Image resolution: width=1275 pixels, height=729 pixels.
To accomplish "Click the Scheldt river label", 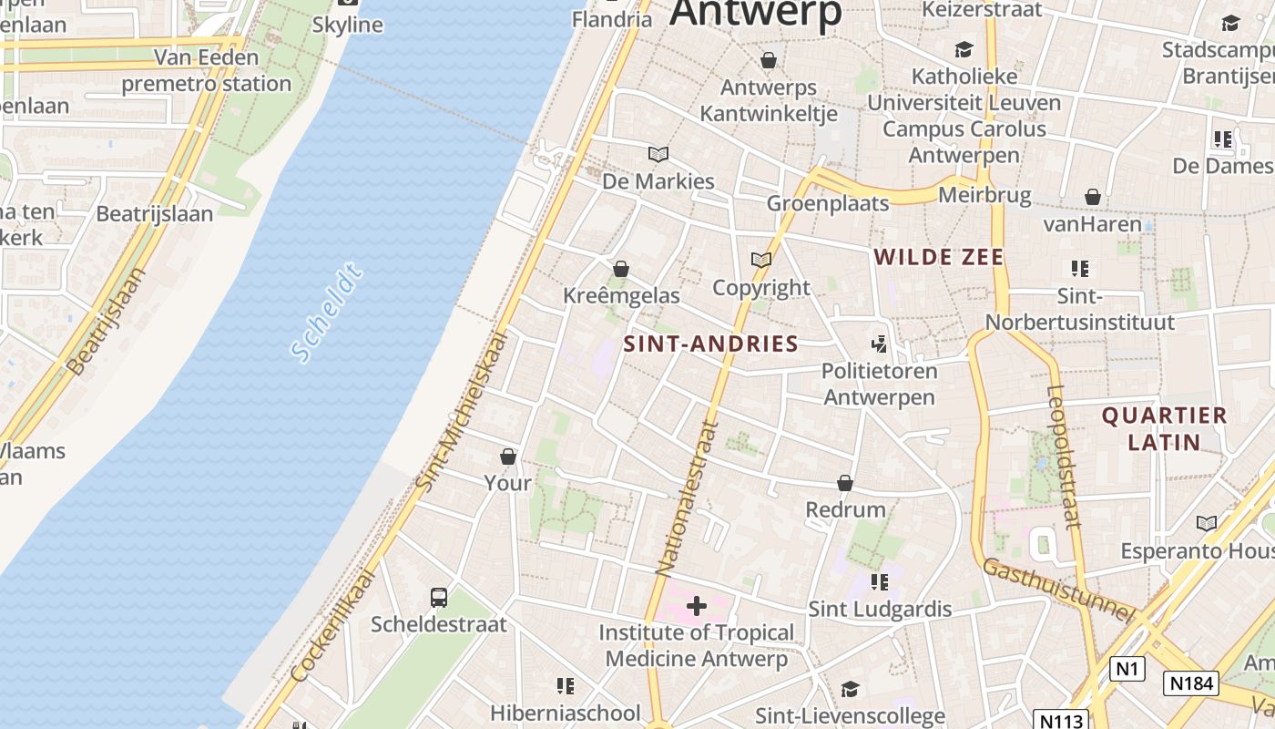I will pos(327,312).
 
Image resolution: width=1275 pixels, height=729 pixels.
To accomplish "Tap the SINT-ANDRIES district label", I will pos(711,344).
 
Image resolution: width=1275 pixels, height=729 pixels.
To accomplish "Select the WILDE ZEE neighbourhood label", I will pos(939,257).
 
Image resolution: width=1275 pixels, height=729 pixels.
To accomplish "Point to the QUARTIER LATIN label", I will pos(1164,429).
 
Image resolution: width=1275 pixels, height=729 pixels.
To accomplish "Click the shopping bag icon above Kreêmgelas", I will pos(621,269).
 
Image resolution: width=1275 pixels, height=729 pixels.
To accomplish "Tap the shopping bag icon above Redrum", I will pos(845,483).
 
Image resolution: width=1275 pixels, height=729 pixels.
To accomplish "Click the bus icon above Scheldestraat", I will pos(439,598).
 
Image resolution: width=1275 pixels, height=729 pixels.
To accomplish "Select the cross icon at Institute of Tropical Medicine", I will pos(697,605).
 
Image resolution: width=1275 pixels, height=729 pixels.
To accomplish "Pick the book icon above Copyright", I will pos(761,260).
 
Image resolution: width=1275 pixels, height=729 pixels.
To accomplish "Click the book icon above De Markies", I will pos(658,154).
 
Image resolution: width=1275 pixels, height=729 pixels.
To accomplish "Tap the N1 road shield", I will pos(1127,669).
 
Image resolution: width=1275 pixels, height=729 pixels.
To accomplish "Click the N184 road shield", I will pos(1190,683).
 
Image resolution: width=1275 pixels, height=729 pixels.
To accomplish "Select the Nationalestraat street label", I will pos(688,498).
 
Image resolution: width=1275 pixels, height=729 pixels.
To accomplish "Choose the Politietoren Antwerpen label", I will pos(879,385).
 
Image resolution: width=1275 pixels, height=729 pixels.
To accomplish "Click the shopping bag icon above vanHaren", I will pos(1092,197).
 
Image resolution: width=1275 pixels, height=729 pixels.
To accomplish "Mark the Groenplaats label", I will pos(828,202).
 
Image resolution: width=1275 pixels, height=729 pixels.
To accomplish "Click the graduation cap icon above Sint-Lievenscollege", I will pos(850,689).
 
